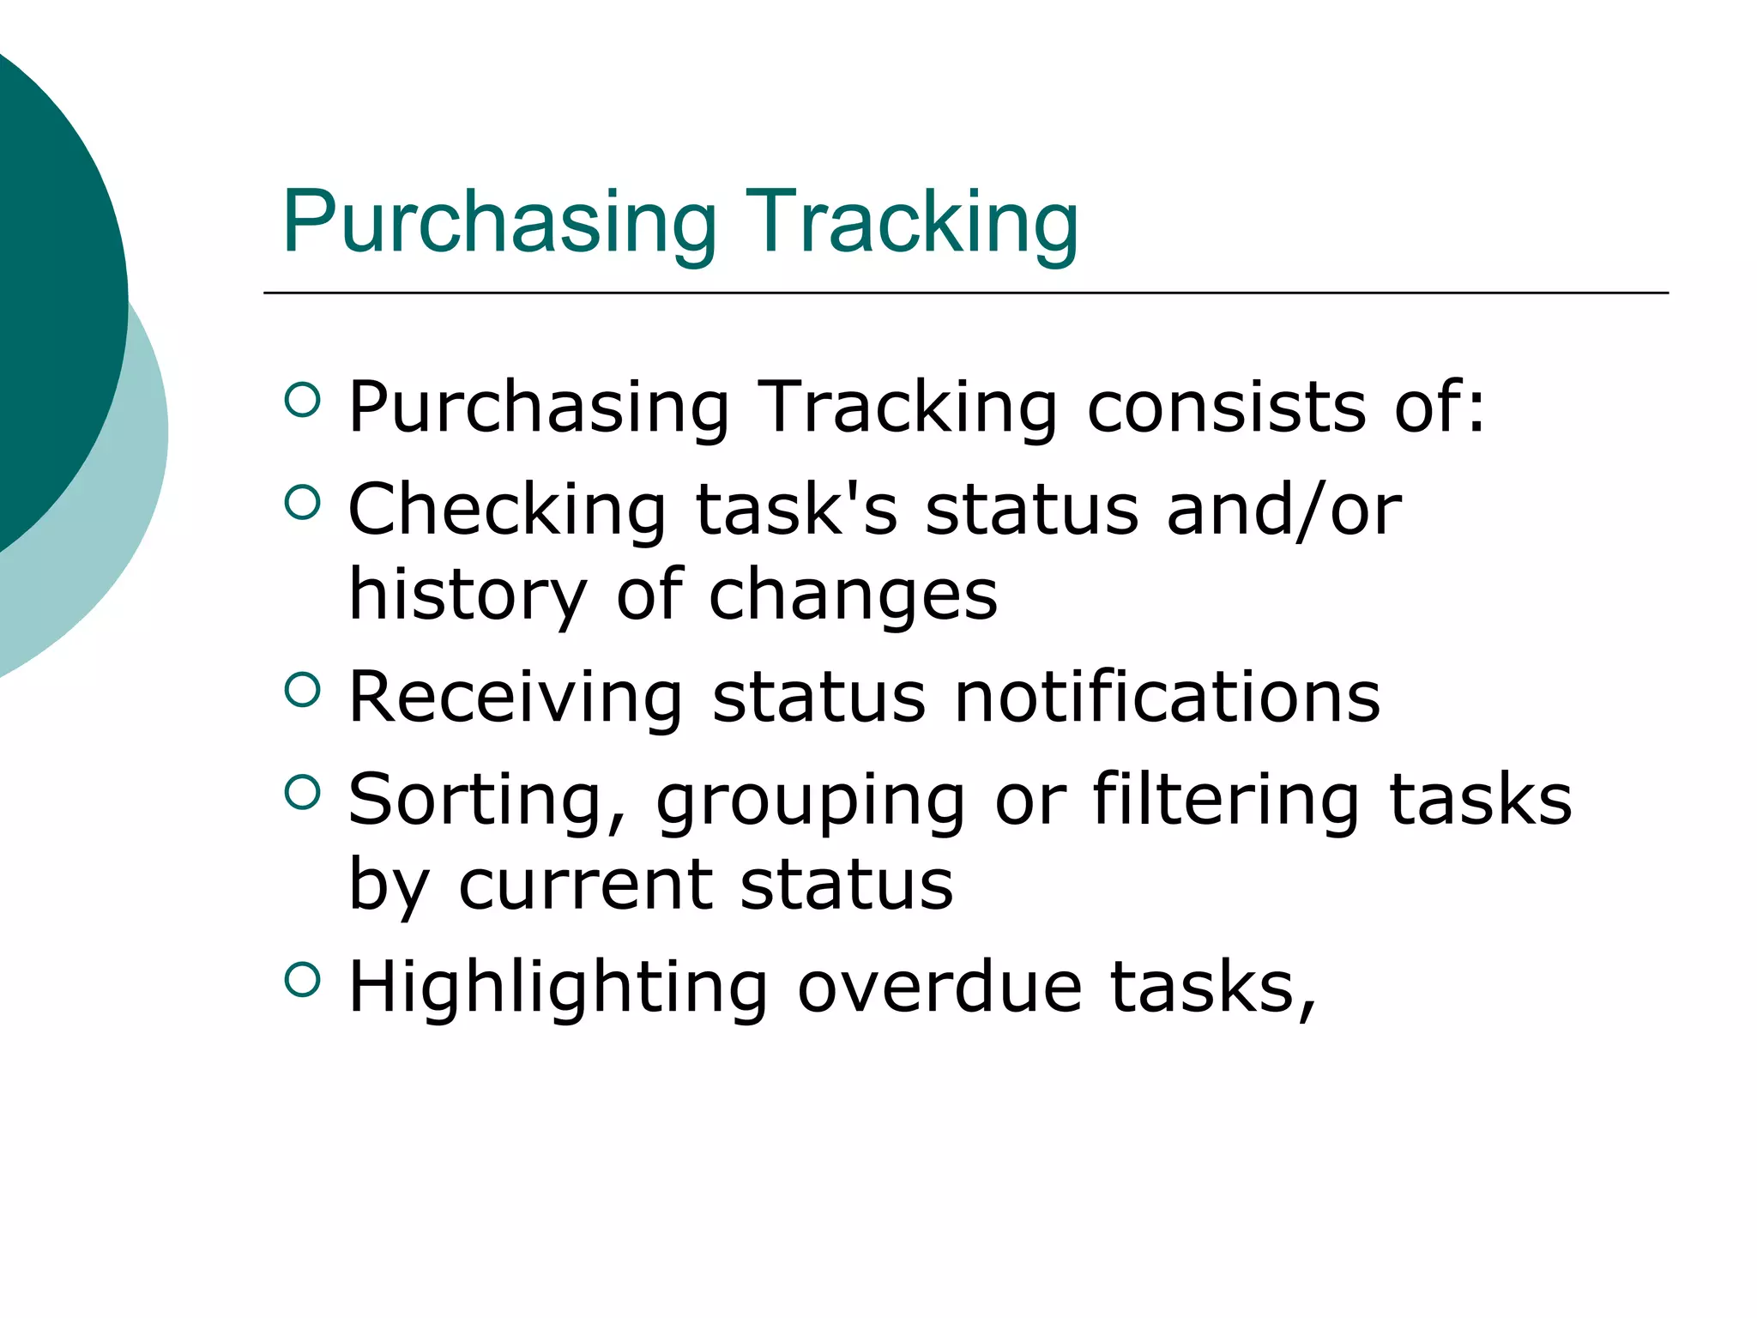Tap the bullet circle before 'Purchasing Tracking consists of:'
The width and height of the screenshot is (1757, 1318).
coord(302,399)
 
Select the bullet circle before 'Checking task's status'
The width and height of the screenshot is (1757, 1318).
coord(302,502)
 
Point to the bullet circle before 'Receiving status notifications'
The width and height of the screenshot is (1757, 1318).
coord(302,689)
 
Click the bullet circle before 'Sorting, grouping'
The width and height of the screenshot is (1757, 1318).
coord(302,792)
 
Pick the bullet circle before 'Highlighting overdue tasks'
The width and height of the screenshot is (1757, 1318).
coord(302,979)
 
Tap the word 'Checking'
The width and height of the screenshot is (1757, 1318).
coord(507,510)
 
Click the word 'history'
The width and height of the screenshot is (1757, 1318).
coord(468,596)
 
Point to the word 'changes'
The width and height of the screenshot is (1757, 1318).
coord(854,596)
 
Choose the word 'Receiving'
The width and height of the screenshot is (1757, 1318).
coord(516,697)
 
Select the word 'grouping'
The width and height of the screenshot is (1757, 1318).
coord(811,801)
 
